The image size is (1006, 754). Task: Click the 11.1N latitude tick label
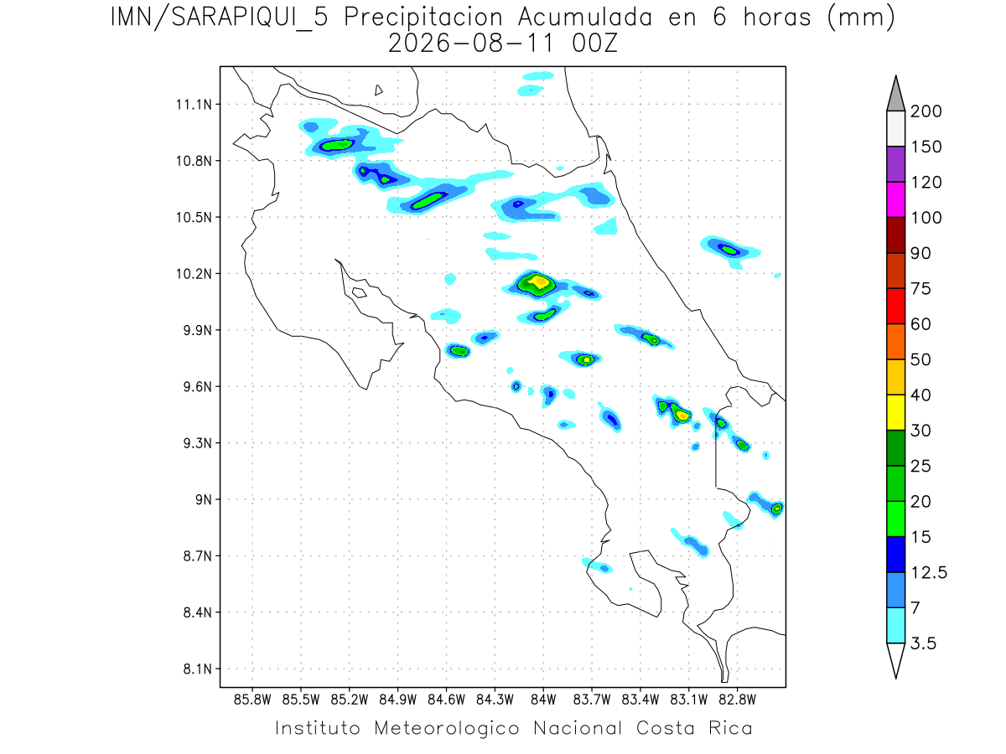click(194, 105)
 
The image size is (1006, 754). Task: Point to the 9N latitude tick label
click(204, 499)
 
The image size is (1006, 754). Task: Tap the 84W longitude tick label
click(543, 700)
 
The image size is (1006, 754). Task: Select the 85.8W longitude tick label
click(252, 700)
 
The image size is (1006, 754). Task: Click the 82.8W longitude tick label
click(737, 700)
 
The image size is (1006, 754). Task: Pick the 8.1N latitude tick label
click(198, 669)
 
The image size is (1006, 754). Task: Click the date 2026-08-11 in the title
click(471, 44)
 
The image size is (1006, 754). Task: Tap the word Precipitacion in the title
click(423, 18)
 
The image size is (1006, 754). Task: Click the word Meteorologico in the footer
click(446, 728)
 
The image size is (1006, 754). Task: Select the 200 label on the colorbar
click(926, 111)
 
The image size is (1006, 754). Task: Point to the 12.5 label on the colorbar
click(929, 573)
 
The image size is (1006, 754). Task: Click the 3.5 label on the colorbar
click(923, 643)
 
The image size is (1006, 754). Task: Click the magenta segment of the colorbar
click(895, 199)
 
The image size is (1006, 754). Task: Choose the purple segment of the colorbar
click(895, 164)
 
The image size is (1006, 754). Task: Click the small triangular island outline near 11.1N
click(378, 90)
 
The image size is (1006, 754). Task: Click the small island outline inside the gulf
click(360, 292)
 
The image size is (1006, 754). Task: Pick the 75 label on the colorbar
click(920, 289)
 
